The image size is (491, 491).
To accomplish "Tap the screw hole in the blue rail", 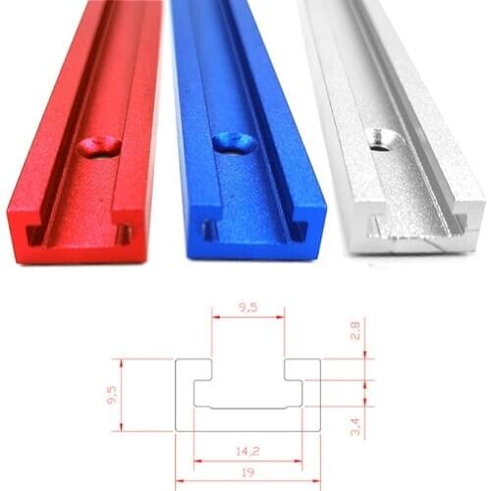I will (235, 144).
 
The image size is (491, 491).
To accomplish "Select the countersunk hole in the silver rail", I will (378, 136).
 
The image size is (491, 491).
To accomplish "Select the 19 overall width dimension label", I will (248, 472).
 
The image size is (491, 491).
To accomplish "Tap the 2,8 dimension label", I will (355, 329).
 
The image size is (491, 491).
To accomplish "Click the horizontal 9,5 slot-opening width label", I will (248, 306).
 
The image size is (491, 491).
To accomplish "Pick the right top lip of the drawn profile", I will (302, 368).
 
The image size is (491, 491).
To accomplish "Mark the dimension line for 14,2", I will (248, 461).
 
